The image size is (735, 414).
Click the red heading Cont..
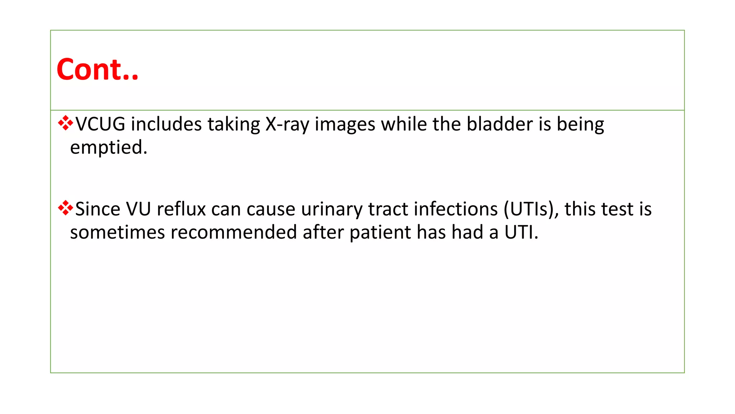point(97,69)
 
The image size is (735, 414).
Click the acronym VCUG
point(100,124)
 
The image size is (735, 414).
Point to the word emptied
point(108,147)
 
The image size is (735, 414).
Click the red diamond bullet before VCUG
point(65,123)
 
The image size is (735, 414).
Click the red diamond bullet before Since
point(65,208)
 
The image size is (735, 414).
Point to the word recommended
point(234,232)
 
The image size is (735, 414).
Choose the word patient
point(380,232)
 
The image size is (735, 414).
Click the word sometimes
point(117,232)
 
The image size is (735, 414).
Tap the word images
point(345,124)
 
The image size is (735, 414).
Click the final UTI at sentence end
point(521,232)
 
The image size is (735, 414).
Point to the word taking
point(234,124)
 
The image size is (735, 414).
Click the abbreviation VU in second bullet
point(139,209)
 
